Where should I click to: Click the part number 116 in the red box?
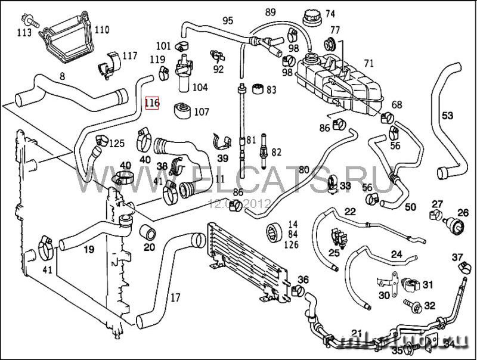[x=152, y=103]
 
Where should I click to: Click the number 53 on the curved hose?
[x=447, y=115]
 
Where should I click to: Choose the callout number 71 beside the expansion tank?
[x=368, y=63]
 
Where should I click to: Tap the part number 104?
[x=200, y=88]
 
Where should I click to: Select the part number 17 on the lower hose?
[x=175, y=296]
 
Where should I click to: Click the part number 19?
[x=88, y=249]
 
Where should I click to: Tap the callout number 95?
[x=227, y=20]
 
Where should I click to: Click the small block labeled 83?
[x=256, y=90]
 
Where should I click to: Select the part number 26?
[x=463, y=212]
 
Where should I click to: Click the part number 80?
[x=304, y=170]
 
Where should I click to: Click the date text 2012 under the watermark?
[x=259, y=203]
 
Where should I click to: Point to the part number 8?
[x=61, y=76]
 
